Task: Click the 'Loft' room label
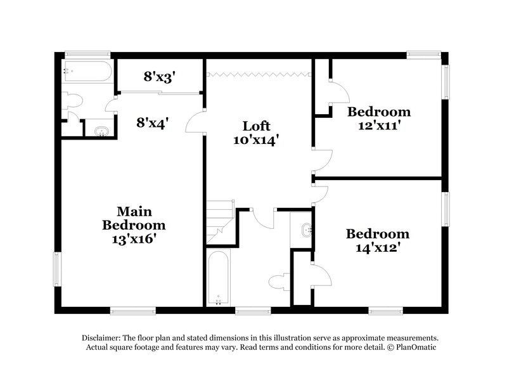pyautogui.click(x=257, y=126)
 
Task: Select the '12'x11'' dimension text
pyautogui.click(x=378, y=126)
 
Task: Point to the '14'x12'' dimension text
pyautogui.click(x=377, y=247)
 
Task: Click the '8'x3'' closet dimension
pyautogui.click(x=158, y=77)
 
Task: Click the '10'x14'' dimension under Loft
pyautogui.click(x=257, y=139)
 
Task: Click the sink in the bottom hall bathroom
pyautogui.click(x=306, y=229)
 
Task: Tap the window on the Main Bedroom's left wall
pyautogui.click(x=56, y=269)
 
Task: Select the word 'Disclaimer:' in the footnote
pyautogui.click(x=103, y=338)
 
